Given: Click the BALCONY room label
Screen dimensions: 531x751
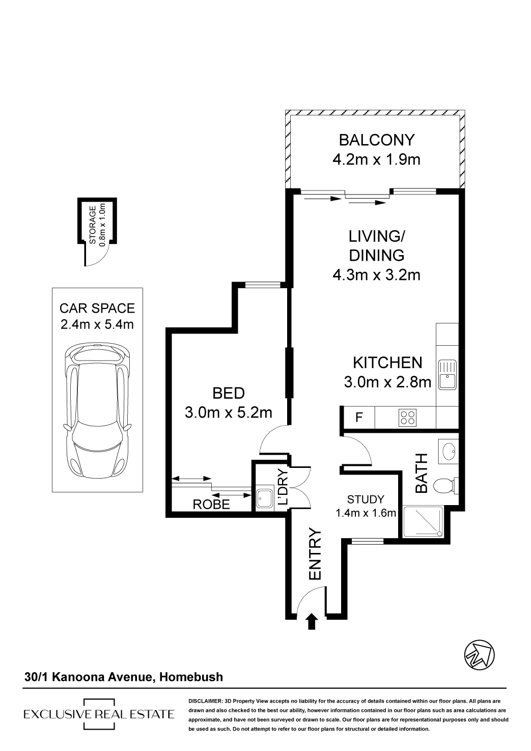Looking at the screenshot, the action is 376,140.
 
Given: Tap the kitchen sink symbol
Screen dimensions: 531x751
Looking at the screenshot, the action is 447,374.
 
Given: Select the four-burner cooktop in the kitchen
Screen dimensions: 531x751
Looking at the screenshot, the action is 407,418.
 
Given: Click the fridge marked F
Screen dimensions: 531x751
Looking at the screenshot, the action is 359,418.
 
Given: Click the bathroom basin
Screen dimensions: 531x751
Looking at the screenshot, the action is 448,452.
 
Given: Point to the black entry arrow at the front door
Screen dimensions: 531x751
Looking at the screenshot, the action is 312,621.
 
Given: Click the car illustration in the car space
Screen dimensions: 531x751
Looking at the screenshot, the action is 97,411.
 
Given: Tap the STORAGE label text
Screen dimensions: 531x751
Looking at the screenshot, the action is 93,225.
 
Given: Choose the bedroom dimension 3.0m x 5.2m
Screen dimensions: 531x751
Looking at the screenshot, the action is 228,413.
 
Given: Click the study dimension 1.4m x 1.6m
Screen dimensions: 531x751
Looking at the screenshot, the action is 366,513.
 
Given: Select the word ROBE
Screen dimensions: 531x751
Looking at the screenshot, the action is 211,504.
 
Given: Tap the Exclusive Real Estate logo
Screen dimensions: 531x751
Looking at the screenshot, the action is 99,714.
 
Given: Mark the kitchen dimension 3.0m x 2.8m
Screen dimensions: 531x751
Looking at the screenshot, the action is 387,382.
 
